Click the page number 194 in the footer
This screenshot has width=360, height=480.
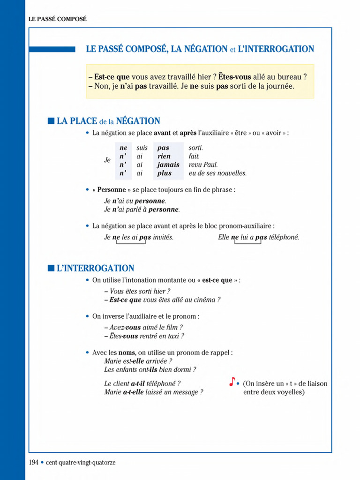(33, 462)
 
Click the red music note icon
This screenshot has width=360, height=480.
(232, 382)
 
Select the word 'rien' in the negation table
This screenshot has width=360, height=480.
(164, 156)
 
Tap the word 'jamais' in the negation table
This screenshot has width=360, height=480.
(168, 165)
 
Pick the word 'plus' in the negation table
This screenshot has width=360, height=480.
(165, 173)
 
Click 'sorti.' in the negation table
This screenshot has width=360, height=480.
(196, 148)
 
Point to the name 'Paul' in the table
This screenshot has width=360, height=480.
(210, 165)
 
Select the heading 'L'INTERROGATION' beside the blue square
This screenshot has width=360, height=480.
(95, 269)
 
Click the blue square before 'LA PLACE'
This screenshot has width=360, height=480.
(51, 121)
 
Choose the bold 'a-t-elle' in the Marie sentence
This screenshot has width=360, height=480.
(133, 392)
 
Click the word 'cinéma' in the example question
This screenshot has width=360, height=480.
(205, 300)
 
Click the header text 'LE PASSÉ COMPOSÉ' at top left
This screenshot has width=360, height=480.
(58, 19)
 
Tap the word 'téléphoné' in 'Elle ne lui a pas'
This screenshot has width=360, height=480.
(283, 237)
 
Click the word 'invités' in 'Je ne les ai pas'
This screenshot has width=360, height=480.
(163, 237)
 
